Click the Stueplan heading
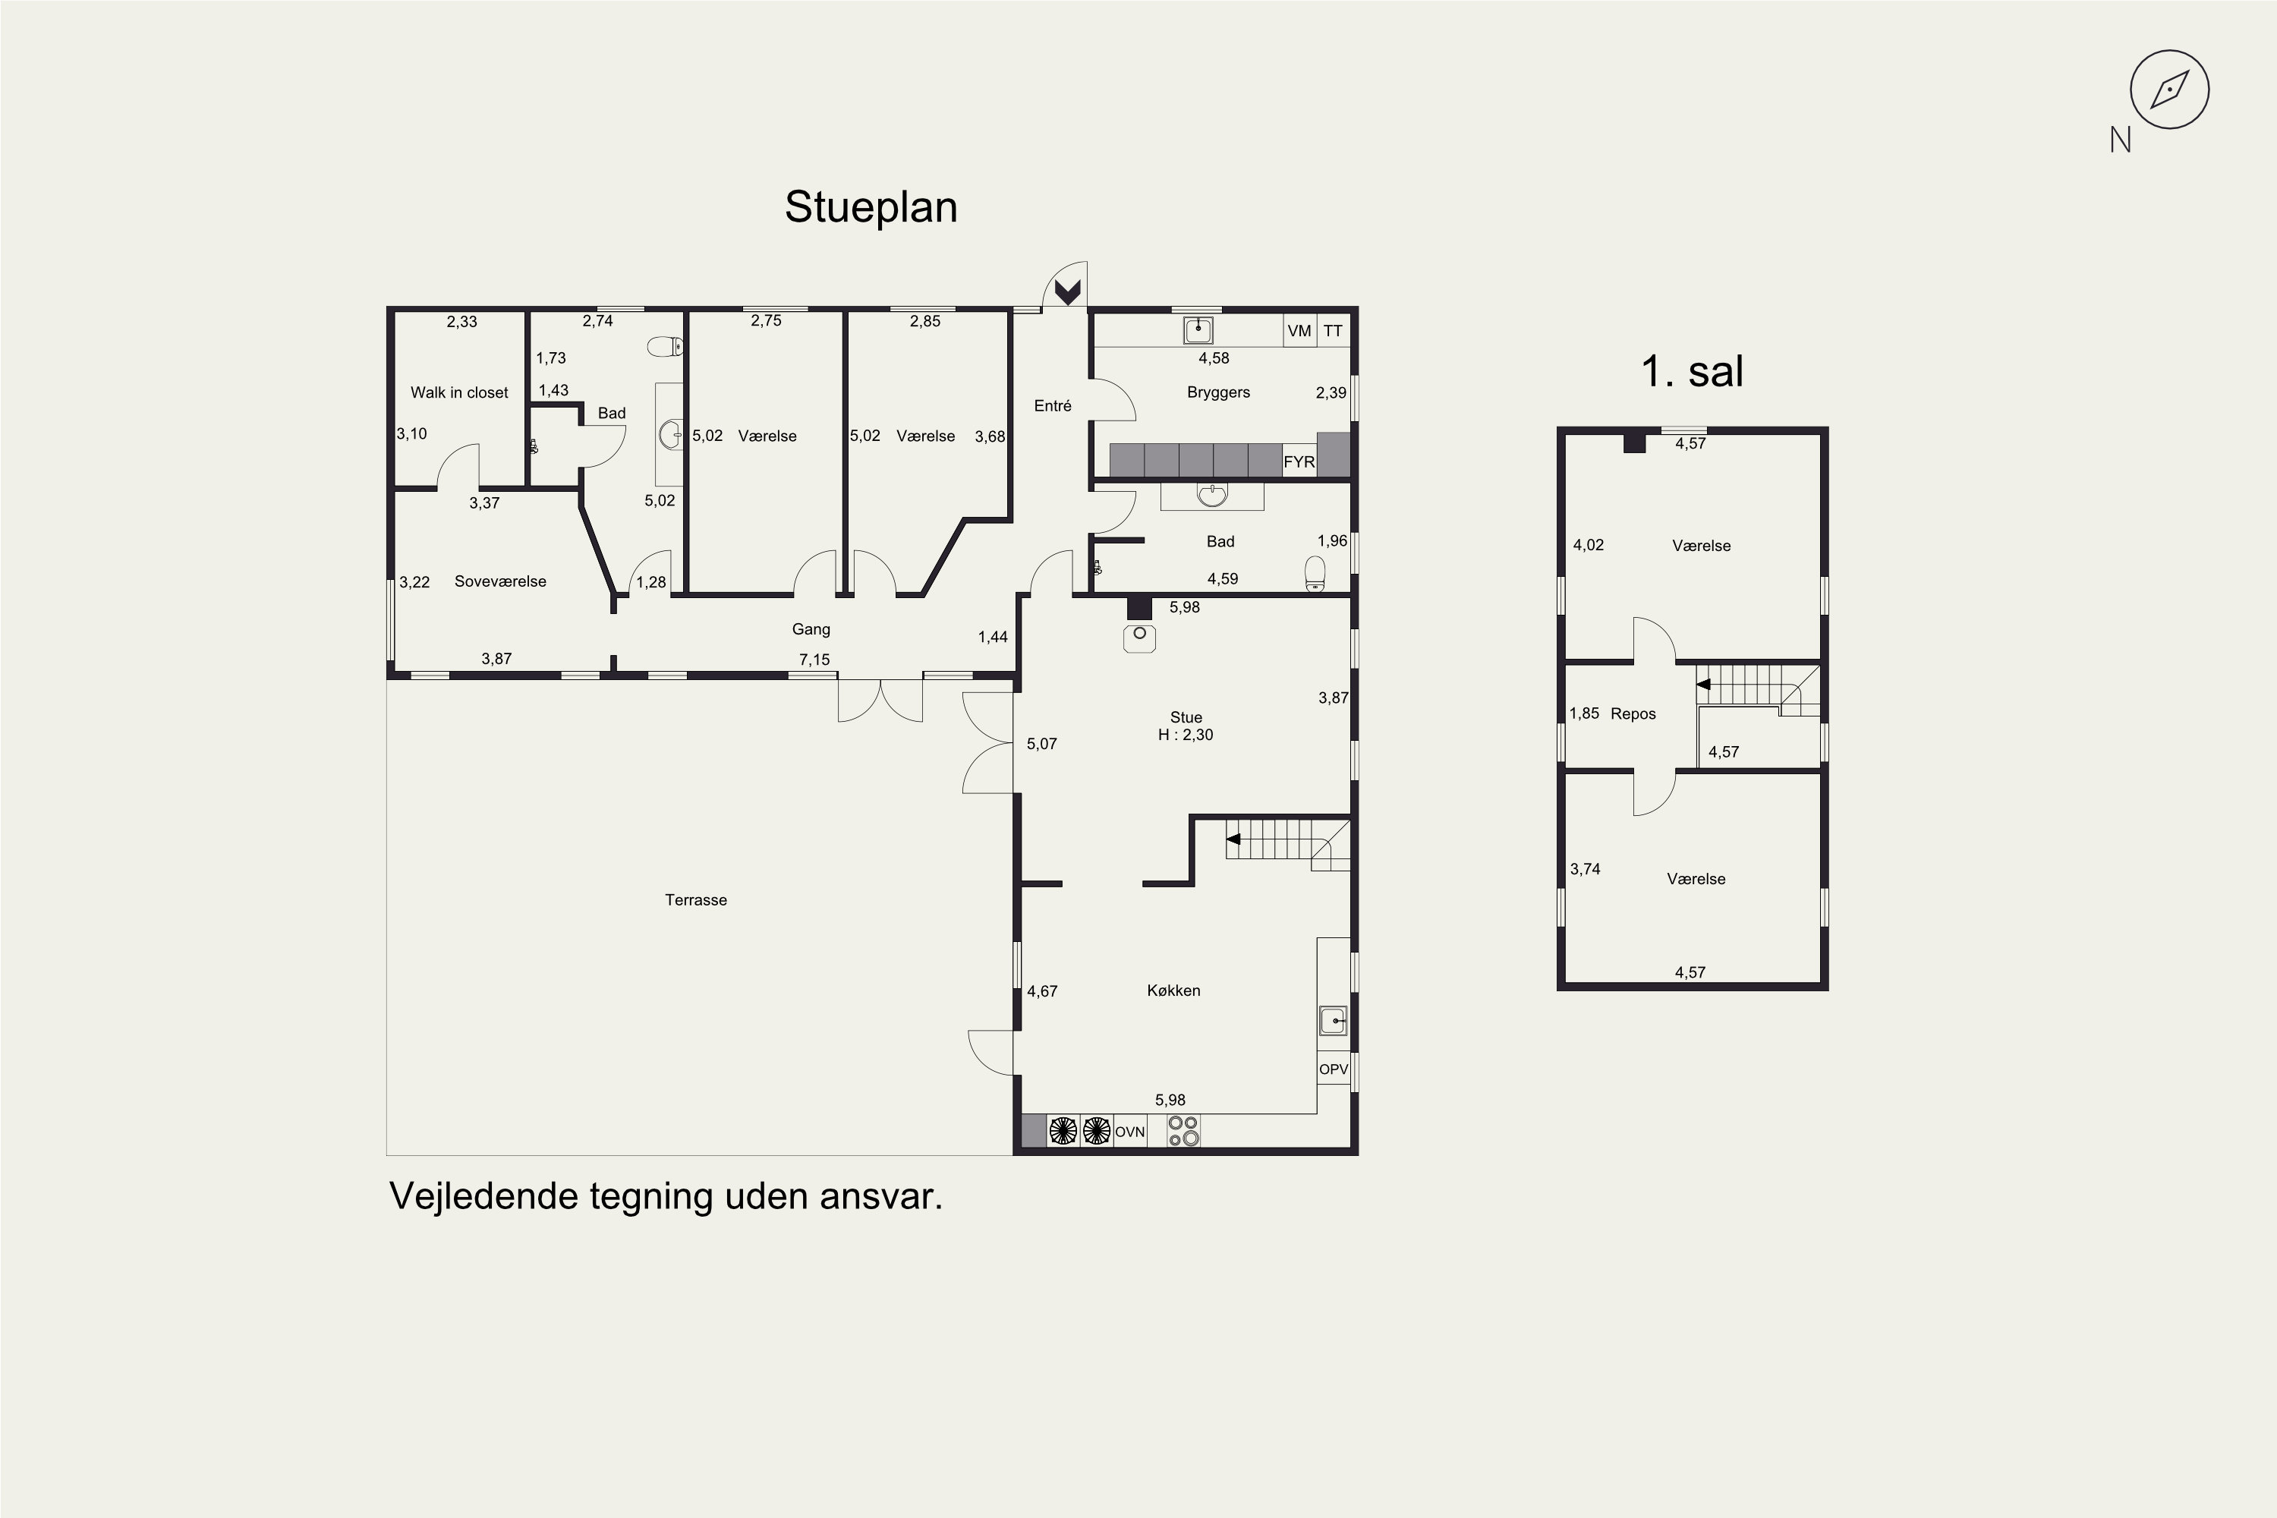[871, 207]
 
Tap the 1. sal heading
[1693, 371]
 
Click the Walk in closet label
[459, 392]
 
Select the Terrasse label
[695, 899]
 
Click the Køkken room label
[1173, 990]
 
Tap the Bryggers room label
[1218, 392]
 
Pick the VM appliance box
[1299, 330]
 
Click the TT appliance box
[1333, 330]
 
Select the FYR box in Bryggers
[1299, 461]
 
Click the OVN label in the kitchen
[1130, 1132]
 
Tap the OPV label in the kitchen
[1333, 1069]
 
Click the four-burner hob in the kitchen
[1183, 1131]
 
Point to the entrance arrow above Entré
[1067, 291]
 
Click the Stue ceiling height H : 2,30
[1186, 735]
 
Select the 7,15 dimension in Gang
[814, 660]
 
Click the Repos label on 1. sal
[1633, 713]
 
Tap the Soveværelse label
[499, 581]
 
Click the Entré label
[1052, 405]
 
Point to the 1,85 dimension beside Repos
[1584, 713]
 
